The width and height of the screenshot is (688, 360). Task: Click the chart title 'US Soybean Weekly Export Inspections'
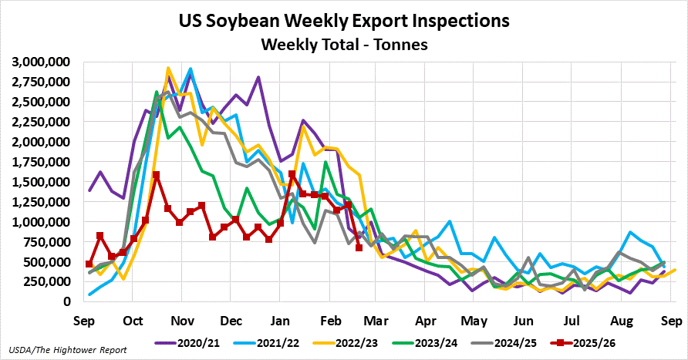pyautogui.click(x=343, y=20)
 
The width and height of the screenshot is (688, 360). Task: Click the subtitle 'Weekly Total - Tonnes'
pyautogui.click(x=343, y=45)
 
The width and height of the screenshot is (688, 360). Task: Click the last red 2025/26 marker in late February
pyautogui.click(x=359, y=247)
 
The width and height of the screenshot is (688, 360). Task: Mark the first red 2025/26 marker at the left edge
pyautogui.click(x=89, y=264)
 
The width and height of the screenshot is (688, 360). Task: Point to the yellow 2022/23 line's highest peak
pyautogui.click(x=168, y=69)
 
